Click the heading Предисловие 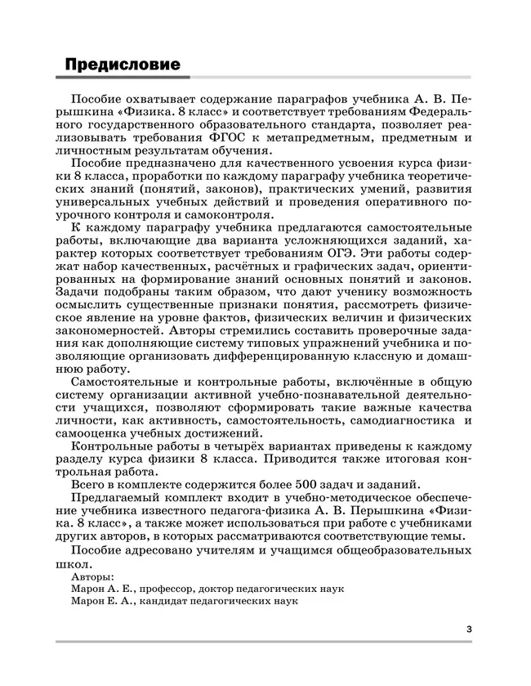(122, 64)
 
